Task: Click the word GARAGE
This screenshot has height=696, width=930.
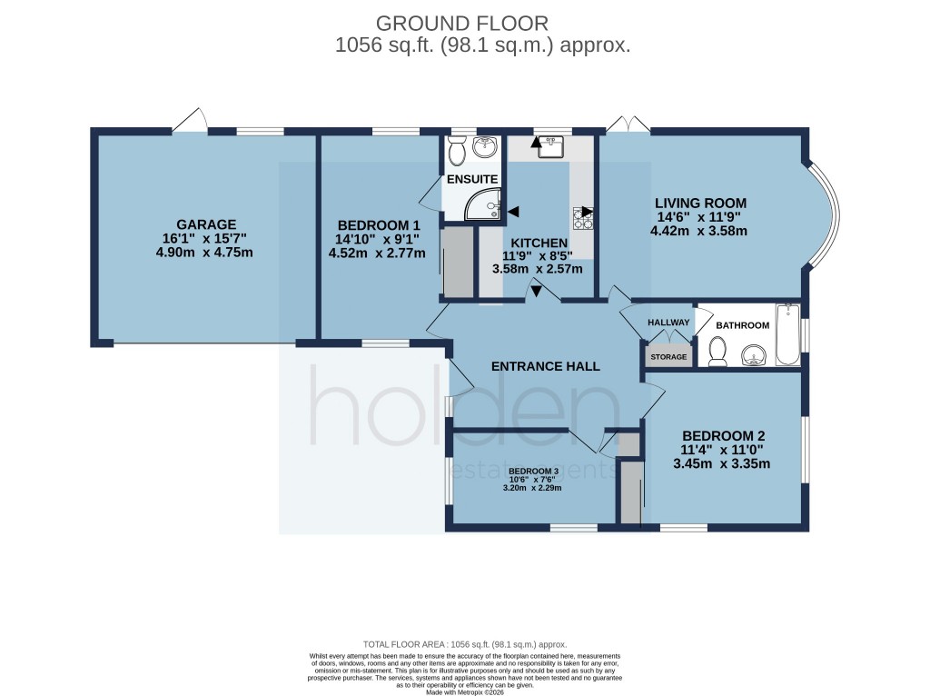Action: pyautogui.click(x=206, y=224)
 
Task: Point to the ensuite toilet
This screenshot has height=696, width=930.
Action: pyautogui.click(x=457, y=147)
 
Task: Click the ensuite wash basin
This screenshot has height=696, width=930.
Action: pyautogui.click(x=488, y=145)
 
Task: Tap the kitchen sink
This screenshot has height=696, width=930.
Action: pyautogui.click(x=550, y=147)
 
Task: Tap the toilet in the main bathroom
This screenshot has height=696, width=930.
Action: pyautogui.click(x=717, y=352)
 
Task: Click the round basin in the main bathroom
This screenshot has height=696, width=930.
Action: pyautogui.click(x=753, y=353)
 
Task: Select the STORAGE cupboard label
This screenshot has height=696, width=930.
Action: pyautogui.click(x=668, y=357)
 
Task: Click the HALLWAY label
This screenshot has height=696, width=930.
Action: pyautogui.click(x=668, y=323)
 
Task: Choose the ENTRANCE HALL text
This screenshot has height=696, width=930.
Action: pyautogui.click(x=545, y=366)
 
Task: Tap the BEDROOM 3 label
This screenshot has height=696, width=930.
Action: pyautogui.click(x=532, y=470)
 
